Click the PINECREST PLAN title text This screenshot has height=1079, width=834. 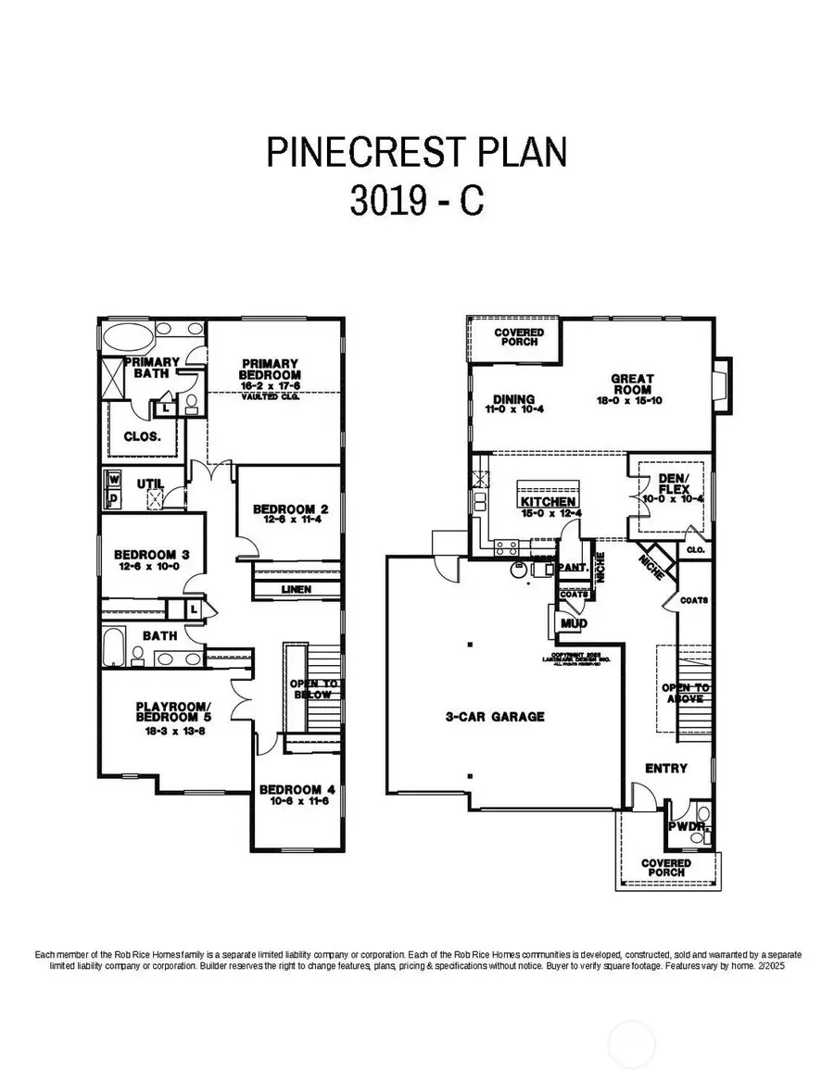click(x=417, y=153)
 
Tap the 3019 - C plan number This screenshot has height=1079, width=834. click(x=417, y=202)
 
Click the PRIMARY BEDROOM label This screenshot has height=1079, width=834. click(x=270, y=369)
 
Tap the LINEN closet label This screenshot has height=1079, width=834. click(x=297, y=589)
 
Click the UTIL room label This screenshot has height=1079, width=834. click(x=150, y=483)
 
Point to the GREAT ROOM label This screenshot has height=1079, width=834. click(x=632, y=384)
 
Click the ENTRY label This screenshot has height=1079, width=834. click(x=666, y=768)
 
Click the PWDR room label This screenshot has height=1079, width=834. click(x=685, y=825)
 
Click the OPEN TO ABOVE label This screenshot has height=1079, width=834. click(x=686, y=694)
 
